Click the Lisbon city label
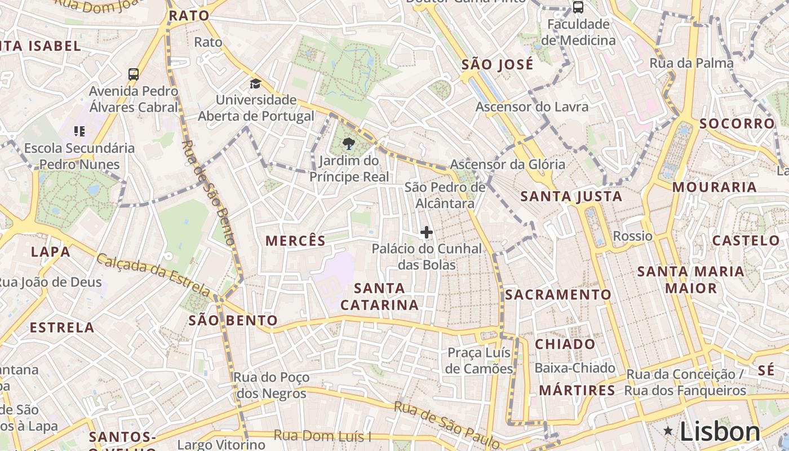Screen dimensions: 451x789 (720, 431)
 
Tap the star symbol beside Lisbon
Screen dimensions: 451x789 (668, 431)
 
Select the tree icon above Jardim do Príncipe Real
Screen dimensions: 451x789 (349, 144)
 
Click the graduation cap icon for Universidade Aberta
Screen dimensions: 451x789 (256, 84)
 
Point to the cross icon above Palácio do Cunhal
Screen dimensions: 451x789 (427, 232)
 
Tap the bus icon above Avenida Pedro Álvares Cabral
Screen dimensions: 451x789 (134, 74)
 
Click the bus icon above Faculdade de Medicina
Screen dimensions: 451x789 (578, 7)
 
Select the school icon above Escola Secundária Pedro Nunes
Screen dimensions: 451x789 (79, 131)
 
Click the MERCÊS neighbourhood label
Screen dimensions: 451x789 (295, 241)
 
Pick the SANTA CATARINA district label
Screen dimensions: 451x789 (380, 297)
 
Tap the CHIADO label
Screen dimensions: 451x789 (565, 344)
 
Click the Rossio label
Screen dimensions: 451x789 (632, 236)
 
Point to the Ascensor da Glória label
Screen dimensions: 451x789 (507, 164)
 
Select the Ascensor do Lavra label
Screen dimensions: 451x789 (531, 107)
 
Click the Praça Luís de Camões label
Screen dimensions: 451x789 (480, 361)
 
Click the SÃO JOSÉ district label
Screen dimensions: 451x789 (497, 64)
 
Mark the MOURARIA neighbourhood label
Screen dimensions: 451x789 (714, 187)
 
